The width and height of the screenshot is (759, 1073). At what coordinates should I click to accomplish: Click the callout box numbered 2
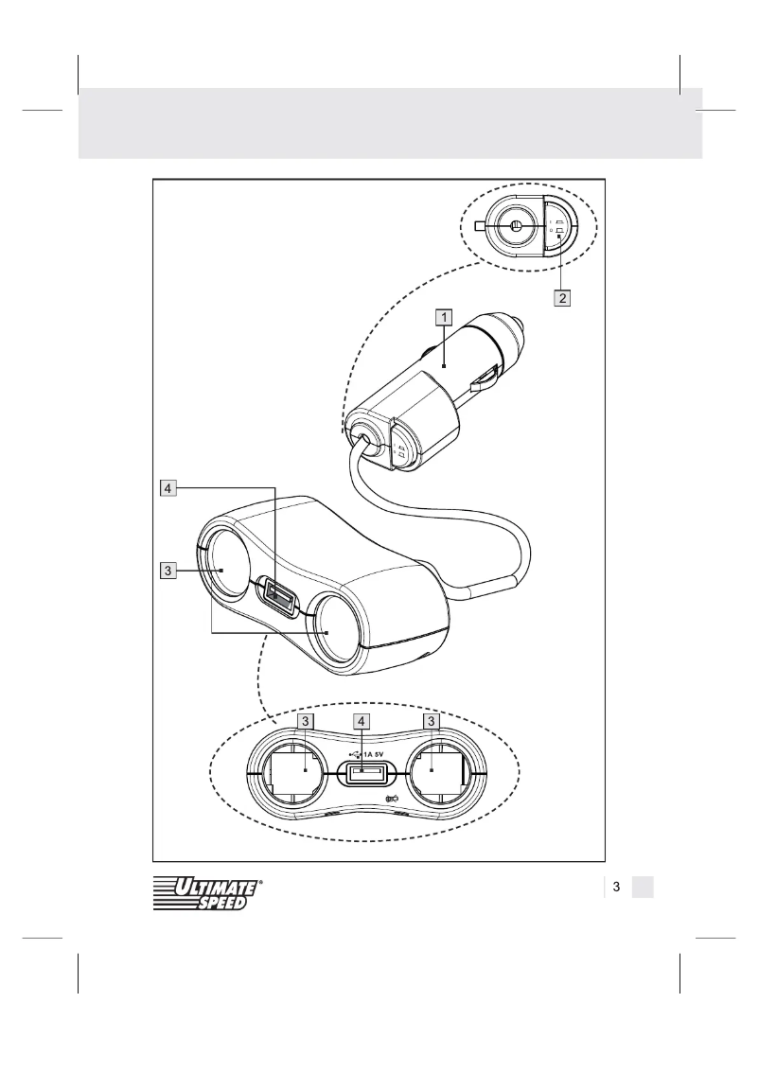(x=562, y=297)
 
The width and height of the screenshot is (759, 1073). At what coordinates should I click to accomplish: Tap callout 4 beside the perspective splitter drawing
(x=167, y=489)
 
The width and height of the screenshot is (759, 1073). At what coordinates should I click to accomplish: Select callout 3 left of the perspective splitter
(x=167, y=571)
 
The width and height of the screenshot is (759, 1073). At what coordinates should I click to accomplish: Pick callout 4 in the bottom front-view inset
(x=362, y=721)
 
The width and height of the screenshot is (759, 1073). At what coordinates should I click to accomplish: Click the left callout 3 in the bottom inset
(x=304, y=721)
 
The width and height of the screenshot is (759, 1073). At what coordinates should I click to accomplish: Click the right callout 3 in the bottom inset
(x=432, y=721)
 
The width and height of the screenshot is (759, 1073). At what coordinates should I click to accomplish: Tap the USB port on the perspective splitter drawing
(x=280, y=596)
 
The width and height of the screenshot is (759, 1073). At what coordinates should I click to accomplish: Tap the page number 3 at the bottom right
(x=616, y=887)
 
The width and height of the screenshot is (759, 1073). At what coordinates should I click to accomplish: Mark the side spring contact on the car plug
(x=485, y=379)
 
